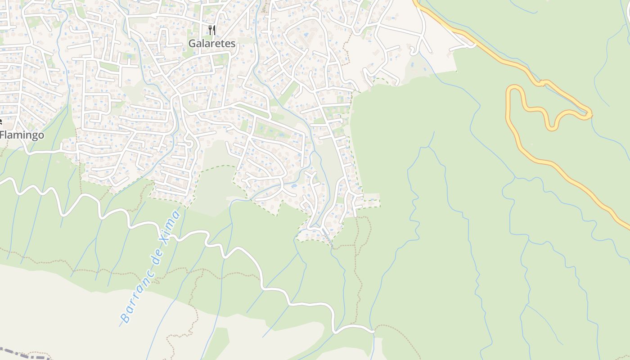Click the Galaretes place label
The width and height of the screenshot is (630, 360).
tap(211, 44)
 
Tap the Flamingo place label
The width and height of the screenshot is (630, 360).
tap(22, 135)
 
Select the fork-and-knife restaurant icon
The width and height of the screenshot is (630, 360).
tap(212, 30)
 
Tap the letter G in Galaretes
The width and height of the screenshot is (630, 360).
tap(192, 44)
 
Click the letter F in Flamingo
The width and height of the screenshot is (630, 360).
tap(3, 135)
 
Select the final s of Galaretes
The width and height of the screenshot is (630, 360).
tap(233, 44)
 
